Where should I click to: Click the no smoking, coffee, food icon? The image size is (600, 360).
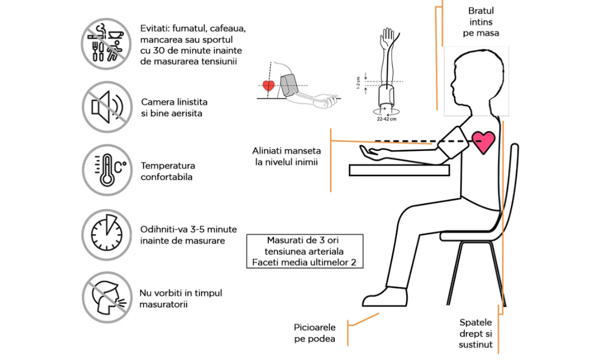tap(107, 44)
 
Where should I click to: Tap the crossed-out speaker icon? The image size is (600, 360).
tap(107, 107)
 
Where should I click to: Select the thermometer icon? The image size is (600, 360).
tap(107, 170)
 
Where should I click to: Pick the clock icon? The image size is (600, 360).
tap(107, 234)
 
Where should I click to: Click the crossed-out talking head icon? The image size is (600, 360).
tap(107, 297)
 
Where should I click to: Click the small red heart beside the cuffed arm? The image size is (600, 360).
tap(268, 85)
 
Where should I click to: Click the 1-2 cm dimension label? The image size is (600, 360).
tap(358, 83)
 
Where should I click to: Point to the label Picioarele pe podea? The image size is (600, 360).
tap(314, 333)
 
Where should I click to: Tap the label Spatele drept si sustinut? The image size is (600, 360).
tap(476, 333)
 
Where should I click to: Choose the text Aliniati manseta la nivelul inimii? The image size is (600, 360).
tap(286, 156)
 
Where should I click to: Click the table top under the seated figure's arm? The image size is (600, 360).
tap(399, 170)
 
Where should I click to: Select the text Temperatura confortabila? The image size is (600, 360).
tap(168, 171)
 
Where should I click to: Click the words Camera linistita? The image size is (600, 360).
tap(174, 102)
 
